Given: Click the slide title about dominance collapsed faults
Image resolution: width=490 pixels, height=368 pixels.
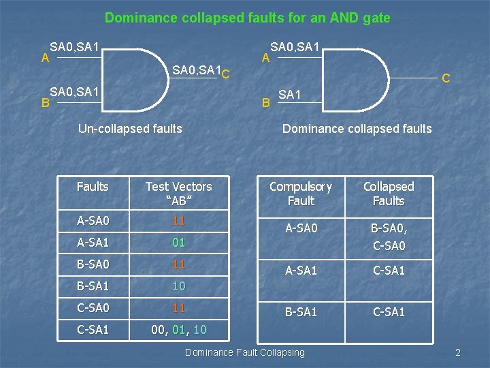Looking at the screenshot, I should [x=248, y=18].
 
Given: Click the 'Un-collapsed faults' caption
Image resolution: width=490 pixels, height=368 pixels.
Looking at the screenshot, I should [x=130, y=128].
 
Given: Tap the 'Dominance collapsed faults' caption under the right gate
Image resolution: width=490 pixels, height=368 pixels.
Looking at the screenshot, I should [x=357, y=128].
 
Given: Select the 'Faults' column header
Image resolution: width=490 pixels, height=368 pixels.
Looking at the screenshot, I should [x=93, y=186].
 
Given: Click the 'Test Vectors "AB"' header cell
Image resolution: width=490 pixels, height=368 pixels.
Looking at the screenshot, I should [x=178, y=194].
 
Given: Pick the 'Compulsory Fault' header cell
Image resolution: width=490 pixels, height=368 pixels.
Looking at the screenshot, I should [x=301, y=194].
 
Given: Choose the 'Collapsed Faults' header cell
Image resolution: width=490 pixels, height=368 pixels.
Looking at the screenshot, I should [x=388, y=194].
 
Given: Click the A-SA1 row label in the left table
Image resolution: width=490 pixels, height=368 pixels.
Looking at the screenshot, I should [x=93, y=242].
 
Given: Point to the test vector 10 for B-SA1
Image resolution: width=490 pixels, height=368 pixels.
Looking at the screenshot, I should [x=179, y=286].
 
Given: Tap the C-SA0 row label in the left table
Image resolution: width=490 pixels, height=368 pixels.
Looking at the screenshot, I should [x=93, y=308].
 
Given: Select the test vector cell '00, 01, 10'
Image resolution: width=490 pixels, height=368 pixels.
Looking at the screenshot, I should [x=179, y=331].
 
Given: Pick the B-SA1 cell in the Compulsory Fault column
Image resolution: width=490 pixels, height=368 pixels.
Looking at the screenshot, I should [x=301, y=312].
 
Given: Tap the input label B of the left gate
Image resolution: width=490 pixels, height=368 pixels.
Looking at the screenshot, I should [x=45, y=104].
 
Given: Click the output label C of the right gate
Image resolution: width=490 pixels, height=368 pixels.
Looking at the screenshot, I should [x=446, y=79].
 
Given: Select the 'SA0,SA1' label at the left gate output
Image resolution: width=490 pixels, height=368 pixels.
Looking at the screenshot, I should [x=197, y=70].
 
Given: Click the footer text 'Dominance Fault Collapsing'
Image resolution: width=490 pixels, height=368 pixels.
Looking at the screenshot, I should [x=244, y=352].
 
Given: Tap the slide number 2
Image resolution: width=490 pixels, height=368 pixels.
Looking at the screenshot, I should [x=458, y=352].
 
